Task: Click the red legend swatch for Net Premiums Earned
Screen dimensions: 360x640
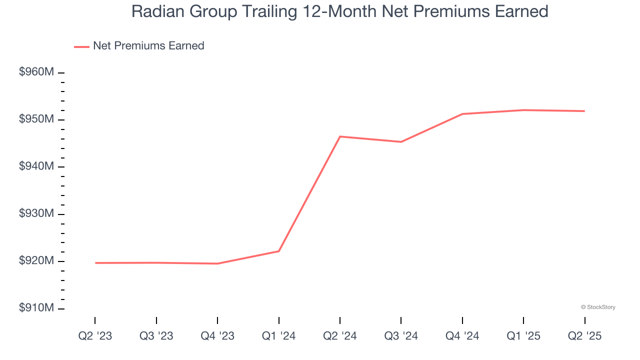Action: (81, 46)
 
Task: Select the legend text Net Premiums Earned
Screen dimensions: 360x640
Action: (148, 46)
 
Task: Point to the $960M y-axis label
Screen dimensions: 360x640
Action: (36, 72)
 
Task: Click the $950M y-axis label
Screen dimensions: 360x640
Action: (36, 119)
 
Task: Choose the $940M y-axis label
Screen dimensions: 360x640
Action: (36, 166)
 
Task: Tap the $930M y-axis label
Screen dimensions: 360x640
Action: (36, 214)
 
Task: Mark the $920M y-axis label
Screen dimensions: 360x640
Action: (36, 261)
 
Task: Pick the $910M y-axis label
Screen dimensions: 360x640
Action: (36, 308)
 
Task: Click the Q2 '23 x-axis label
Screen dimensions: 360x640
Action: (95, 336)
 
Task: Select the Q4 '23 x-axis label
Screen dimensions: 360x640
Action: (217, 336)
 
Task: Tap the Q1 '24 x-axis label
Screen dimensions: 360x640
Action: (278, 336)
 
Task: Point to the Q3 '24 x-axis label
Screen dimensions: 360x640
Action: (401, 336)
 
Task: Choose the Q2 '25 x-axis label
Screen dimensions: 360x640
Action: (584, 336)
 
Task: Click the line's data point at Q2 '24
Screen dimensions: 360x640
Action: (340, 136)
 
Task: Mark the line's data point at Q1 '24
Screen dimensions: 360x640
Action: (278, 251)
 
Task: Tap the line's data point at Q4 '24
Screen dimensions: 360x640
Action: (462, 114)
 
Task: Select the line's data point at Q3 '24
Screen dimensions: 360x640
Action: (401, 142)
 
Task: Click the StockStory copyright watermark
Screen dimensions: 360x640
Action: (598, 307)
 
